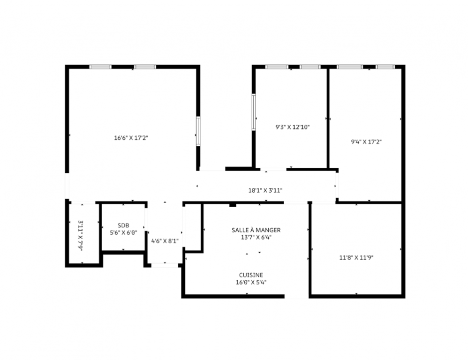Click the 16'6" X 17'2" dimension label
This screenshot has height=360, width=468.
point(131,138)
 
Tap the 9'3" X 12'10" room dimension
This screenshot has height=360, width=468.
point(293,127)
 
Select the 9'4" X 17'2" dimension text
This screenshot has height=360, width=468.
point(366,142)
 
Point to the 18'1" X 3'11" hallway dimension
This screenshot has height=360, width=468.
point(265,190)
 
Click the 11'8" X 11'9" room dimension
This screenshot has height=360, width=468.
point(356,257)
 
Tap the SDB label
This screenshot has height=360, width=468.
point(123,226)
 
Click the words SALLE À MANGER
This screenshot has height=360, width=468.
point(256,230)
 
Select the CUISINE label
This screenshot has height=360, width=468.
point(251,275)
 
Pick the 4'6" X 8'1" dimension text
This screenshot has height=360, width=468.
point(165,241)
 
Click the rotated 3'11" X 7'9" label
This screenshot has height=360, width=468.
point(81,236)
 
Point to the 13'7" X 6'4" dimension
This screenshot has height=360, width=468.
point(256,237)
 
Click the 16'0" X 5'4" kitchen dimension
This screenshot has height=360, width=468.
point(251,282)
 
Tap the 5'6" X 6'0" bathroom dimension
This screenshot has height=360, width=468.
point(123,232)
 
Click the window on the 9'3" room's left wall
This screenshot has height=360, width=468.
point(254,112)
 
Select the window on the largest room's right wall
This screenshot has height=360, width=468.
point(198,131)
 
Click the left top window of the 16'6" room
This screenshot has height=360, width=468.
point(100,67)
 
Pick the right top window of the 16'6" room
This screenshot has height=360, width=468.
point(145,67)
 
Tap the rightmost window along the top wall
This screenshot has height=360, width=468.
point(385,67)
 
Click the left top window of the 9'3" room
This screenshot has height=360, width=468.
point(277,67)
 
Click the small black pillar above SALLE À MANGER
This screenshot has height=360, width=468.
point(233,204)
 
